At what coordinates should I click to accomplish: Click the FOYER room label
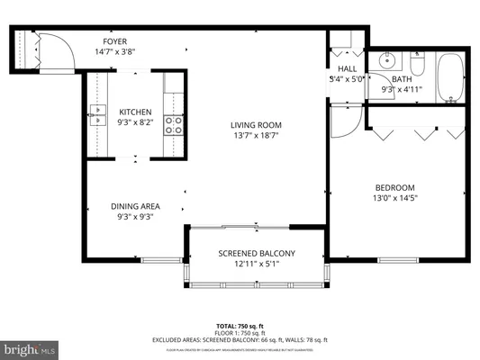(x=113, y=40)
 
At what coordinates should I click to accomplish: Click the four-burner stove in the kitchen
(x=172, y=125)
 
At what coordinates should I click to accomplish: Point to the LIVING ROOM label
(x=256, y=125)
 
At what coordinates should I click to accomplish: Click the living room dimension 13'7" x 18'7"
(x=256, y=137)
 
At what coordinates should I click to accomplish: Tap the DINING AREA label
(x=136, y=205)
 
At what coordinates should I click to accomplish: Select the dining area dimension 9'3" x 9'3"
(x=136, y=217)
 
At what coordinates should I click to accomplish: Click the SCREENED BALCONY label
(x=257, y=254)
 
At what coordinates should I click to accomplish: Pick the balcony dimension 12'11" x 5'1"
(x=257, y=265)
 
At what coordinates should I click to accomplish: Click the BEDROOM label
(x=394, y=186)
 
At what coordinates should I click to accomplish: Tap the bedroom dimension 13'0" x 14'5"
(x=394, y=198)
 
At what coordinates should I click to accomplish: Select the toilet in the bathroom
(x=417, y=64)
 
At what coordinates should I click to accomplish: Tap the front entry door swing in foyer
(x=53, y=49)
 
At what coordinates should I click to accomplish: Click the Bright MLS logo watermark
(x=30, y=346)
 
